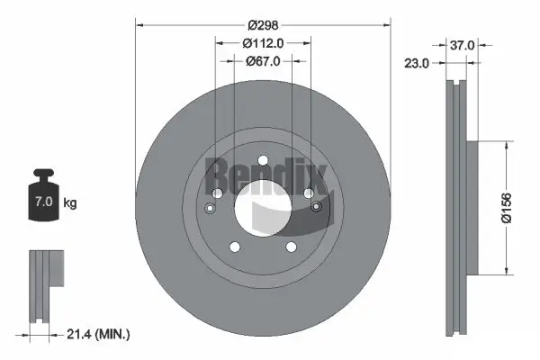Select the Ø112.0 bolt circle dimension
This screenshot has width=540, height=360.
tap(263, 42)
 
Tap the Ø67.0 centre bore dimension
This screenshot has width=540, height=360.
tap(263, 61)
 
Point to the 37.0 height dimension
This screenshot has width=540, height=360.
tap(463, 44)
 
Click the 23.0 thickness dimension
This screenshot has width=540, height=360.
tap(416, 64)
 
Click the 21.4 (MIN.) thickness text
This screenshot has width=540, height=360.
tap(99, 335)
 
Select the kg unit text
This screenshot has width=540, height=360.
tap(70, 203)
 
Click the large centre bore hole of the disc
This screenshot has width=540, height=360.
tap(263, 209)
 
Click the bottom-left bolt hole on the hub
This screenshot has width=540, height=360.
tap(235, 247)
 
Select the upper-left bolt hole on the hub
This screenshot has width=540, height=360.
tap(217, 193)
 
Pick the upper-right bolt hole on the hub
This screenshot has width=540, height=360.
tap(309, 193)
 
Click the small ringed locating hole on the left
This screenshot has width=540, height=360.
tap(210, 209)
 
